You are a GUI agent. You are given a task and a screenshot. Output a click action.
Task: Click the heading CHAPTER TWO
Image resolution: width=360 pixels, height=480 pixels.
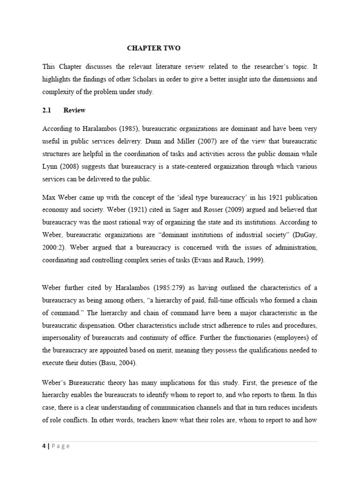point(154,48)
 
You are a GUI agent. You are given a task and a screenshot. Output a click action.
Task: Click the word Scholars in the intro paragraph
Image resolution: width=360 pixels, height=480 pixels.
point(136,80)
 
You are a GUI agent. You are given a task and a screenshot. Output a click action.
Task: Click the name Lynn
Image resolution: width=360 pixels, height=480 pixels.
point(51,166)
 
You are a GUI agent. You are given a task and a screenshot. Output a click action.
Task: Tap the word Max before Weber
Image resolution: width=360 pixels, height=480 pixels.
point(49,196)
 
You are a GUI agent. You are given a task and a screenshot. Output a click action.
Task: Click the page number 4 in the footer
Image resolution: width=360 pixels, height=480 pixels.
point(44,446)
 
